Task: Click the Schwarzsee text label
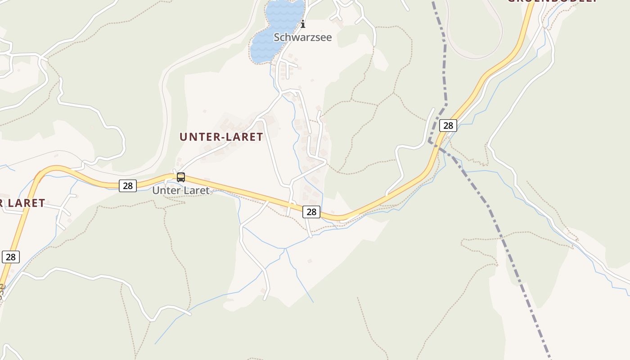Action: pyautogui.click(x=302, y=37)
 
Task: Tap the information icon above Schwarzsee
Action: pyautogui.click(x=303, y=24)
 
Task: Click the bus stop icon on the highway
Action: pyautogui.click(x=181, y=177)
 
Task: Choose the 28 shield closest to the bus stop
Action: pyautogui.click(x=128, y=185)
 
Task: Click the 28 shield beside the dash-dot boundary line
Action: pyautogui.click(x=448, y=126)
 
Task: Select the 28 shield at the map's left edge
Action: pyautogui.click(x=11, y=257)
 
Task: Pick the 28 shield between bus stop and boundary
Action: pyautogui.click(x=311, y=211)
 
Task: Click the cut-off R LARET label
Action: pyautogui.click(x=22, y=203)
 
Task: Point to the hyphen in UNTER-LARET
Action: pyautogui.click(x=222, y=137)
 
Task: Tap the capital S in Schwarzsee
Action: pyautogui.click(x=277, y=37)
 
